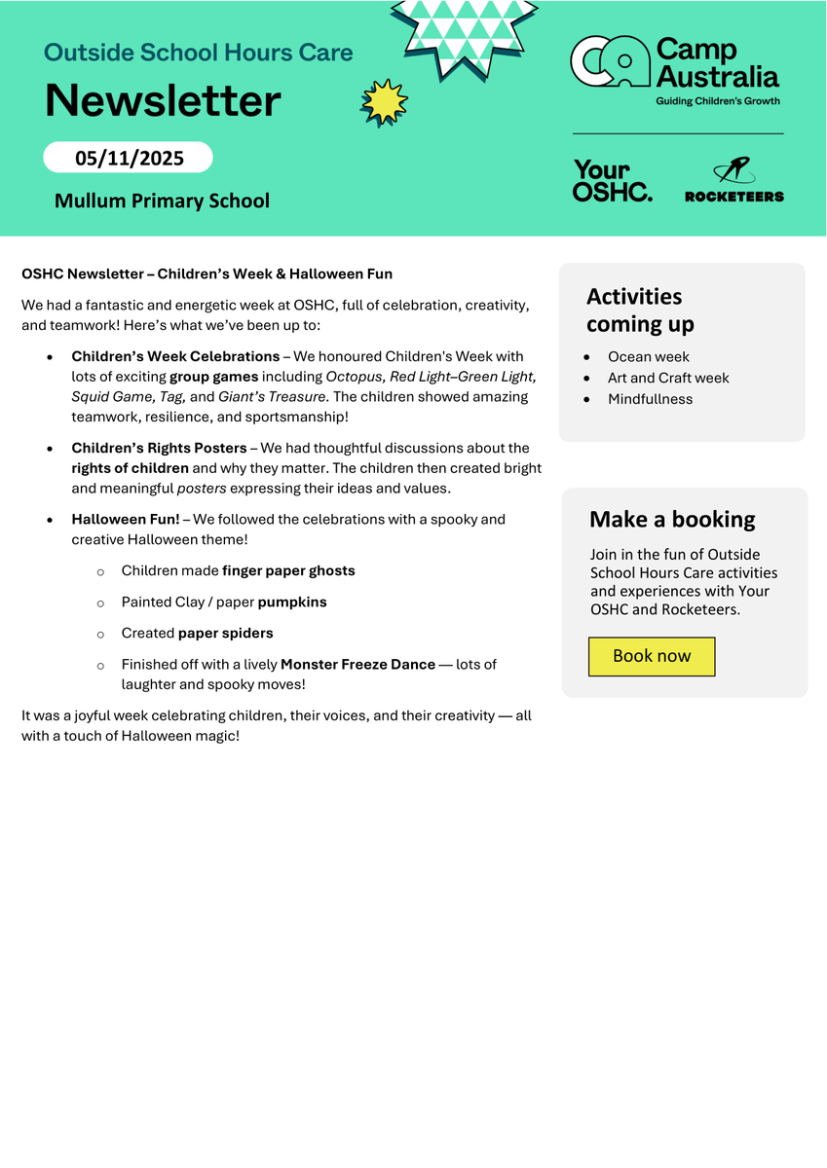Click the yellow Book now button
click(652, 656)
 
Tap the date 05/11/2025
click(129, 158)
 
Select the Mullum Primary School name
click(162, 201)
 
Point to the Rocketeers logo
click(733, 181)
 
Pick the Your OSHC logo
click(613, 181)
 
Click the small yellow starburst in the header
click(384, 102)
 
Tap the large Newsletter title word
click(163, 100)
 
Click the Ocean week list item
click(649, 356)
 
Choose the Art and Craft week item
click(668, 378)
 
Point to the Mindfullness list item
click(651, 399)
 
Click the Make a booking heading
click(672, 520)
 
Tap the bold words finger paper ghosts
click(288, 570)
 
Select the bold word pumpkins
click(292, 602)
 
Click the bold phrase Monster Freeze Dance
click(357, 664)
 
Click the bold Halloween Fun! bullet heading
click(126, 519)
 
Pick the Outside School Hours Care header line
click(199, 52)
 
